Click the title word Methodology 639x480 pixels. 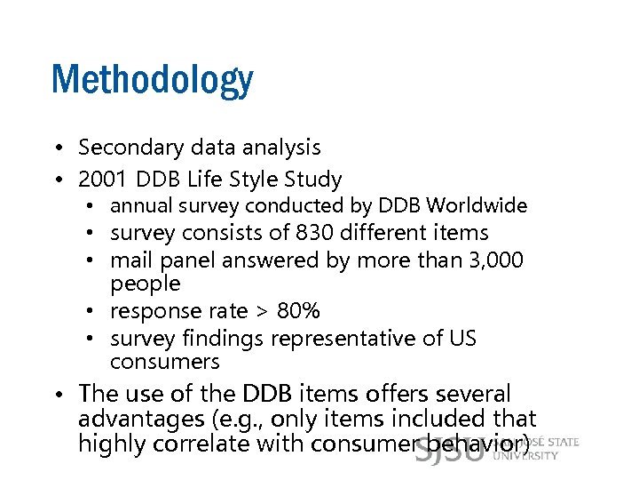pyautogui.click(x=152, y=81)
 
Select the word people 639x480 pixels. pyautogui.click(x=145, y=284)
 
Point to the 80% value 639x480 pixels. pyautogui.click(x=298, y=311)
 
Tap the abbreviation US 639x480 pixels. pyautogui.click(x=463, y=339)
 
